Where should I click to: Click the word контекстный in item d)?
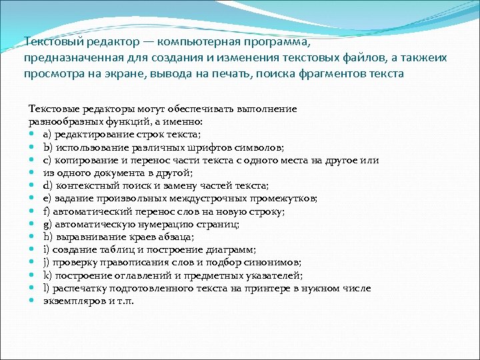[85, 186]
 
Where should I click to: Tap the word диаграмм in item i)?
[230, 250]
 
